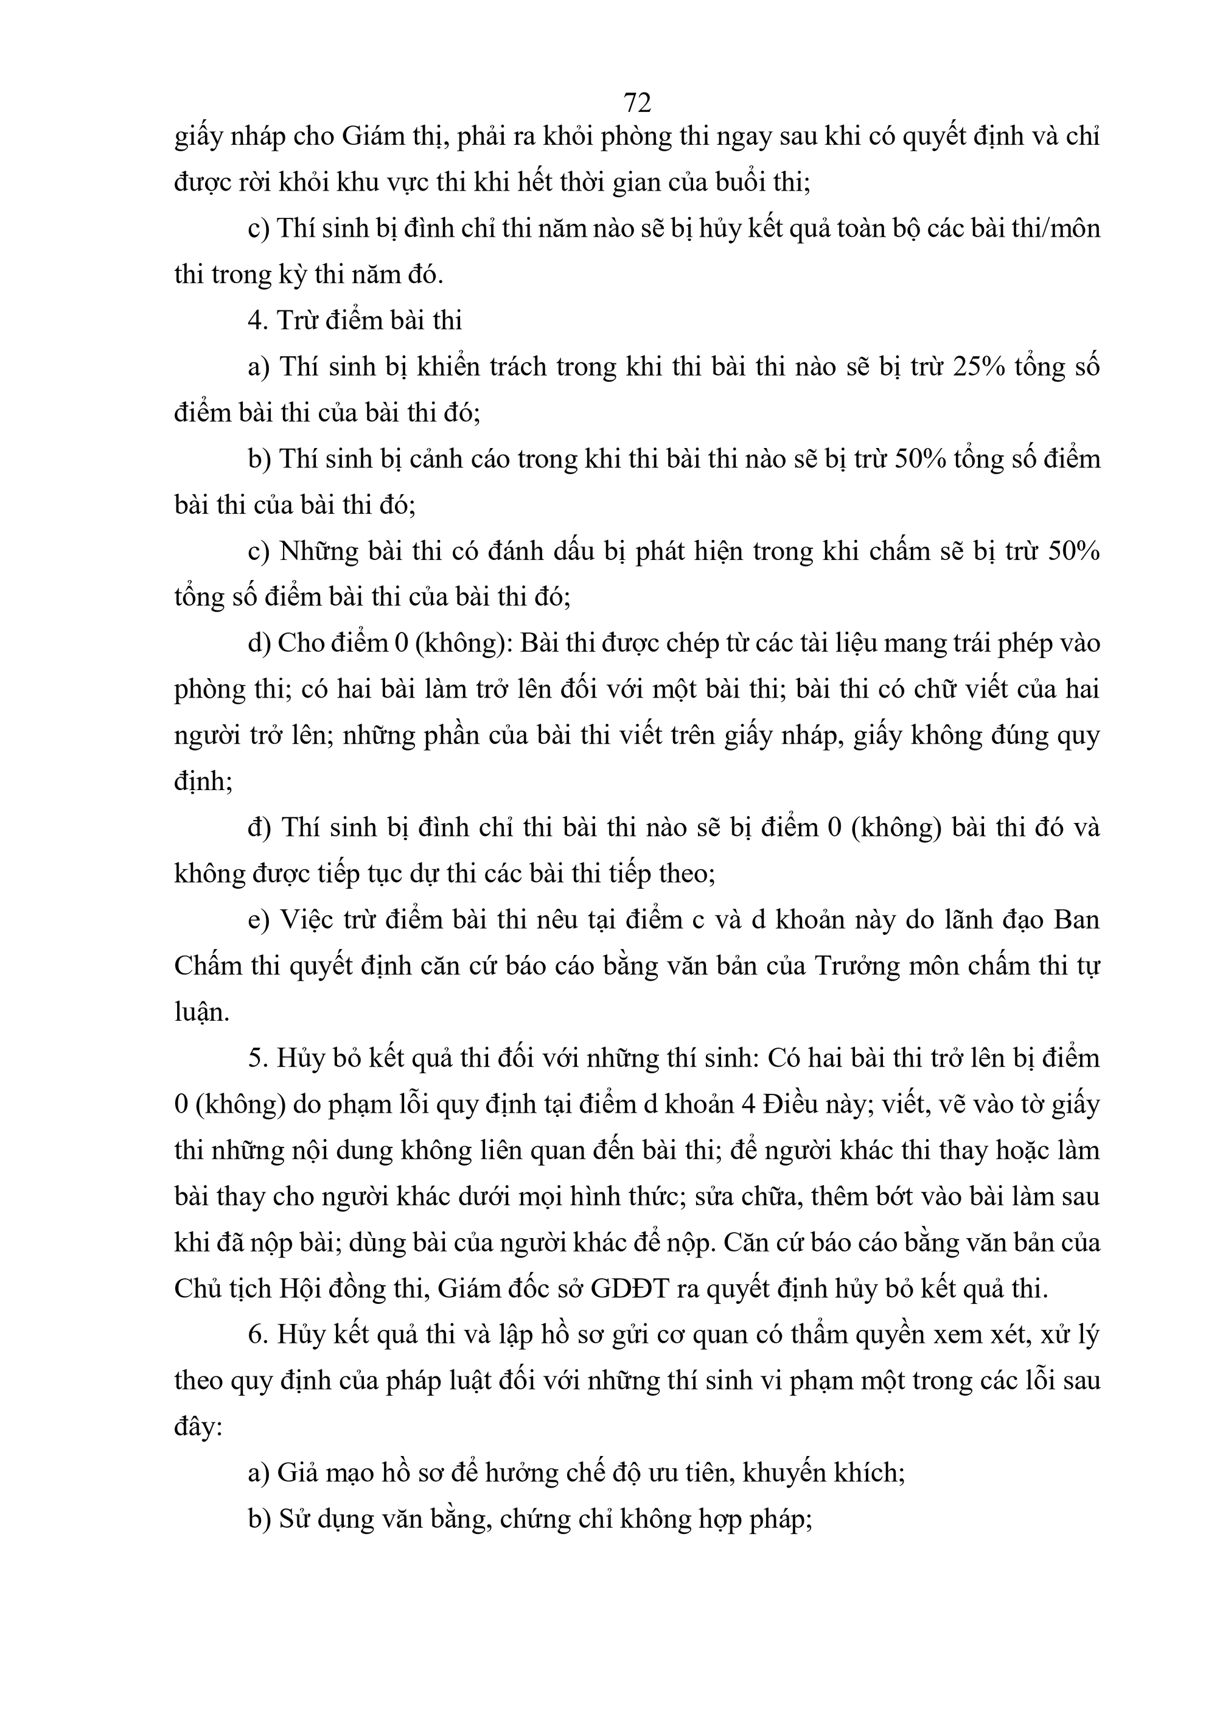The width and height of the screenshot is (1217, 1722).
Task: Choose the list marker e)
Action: click(258, 920)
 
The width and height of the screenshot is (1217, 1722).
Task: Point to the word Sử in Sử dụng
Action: click(298, 1519)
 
